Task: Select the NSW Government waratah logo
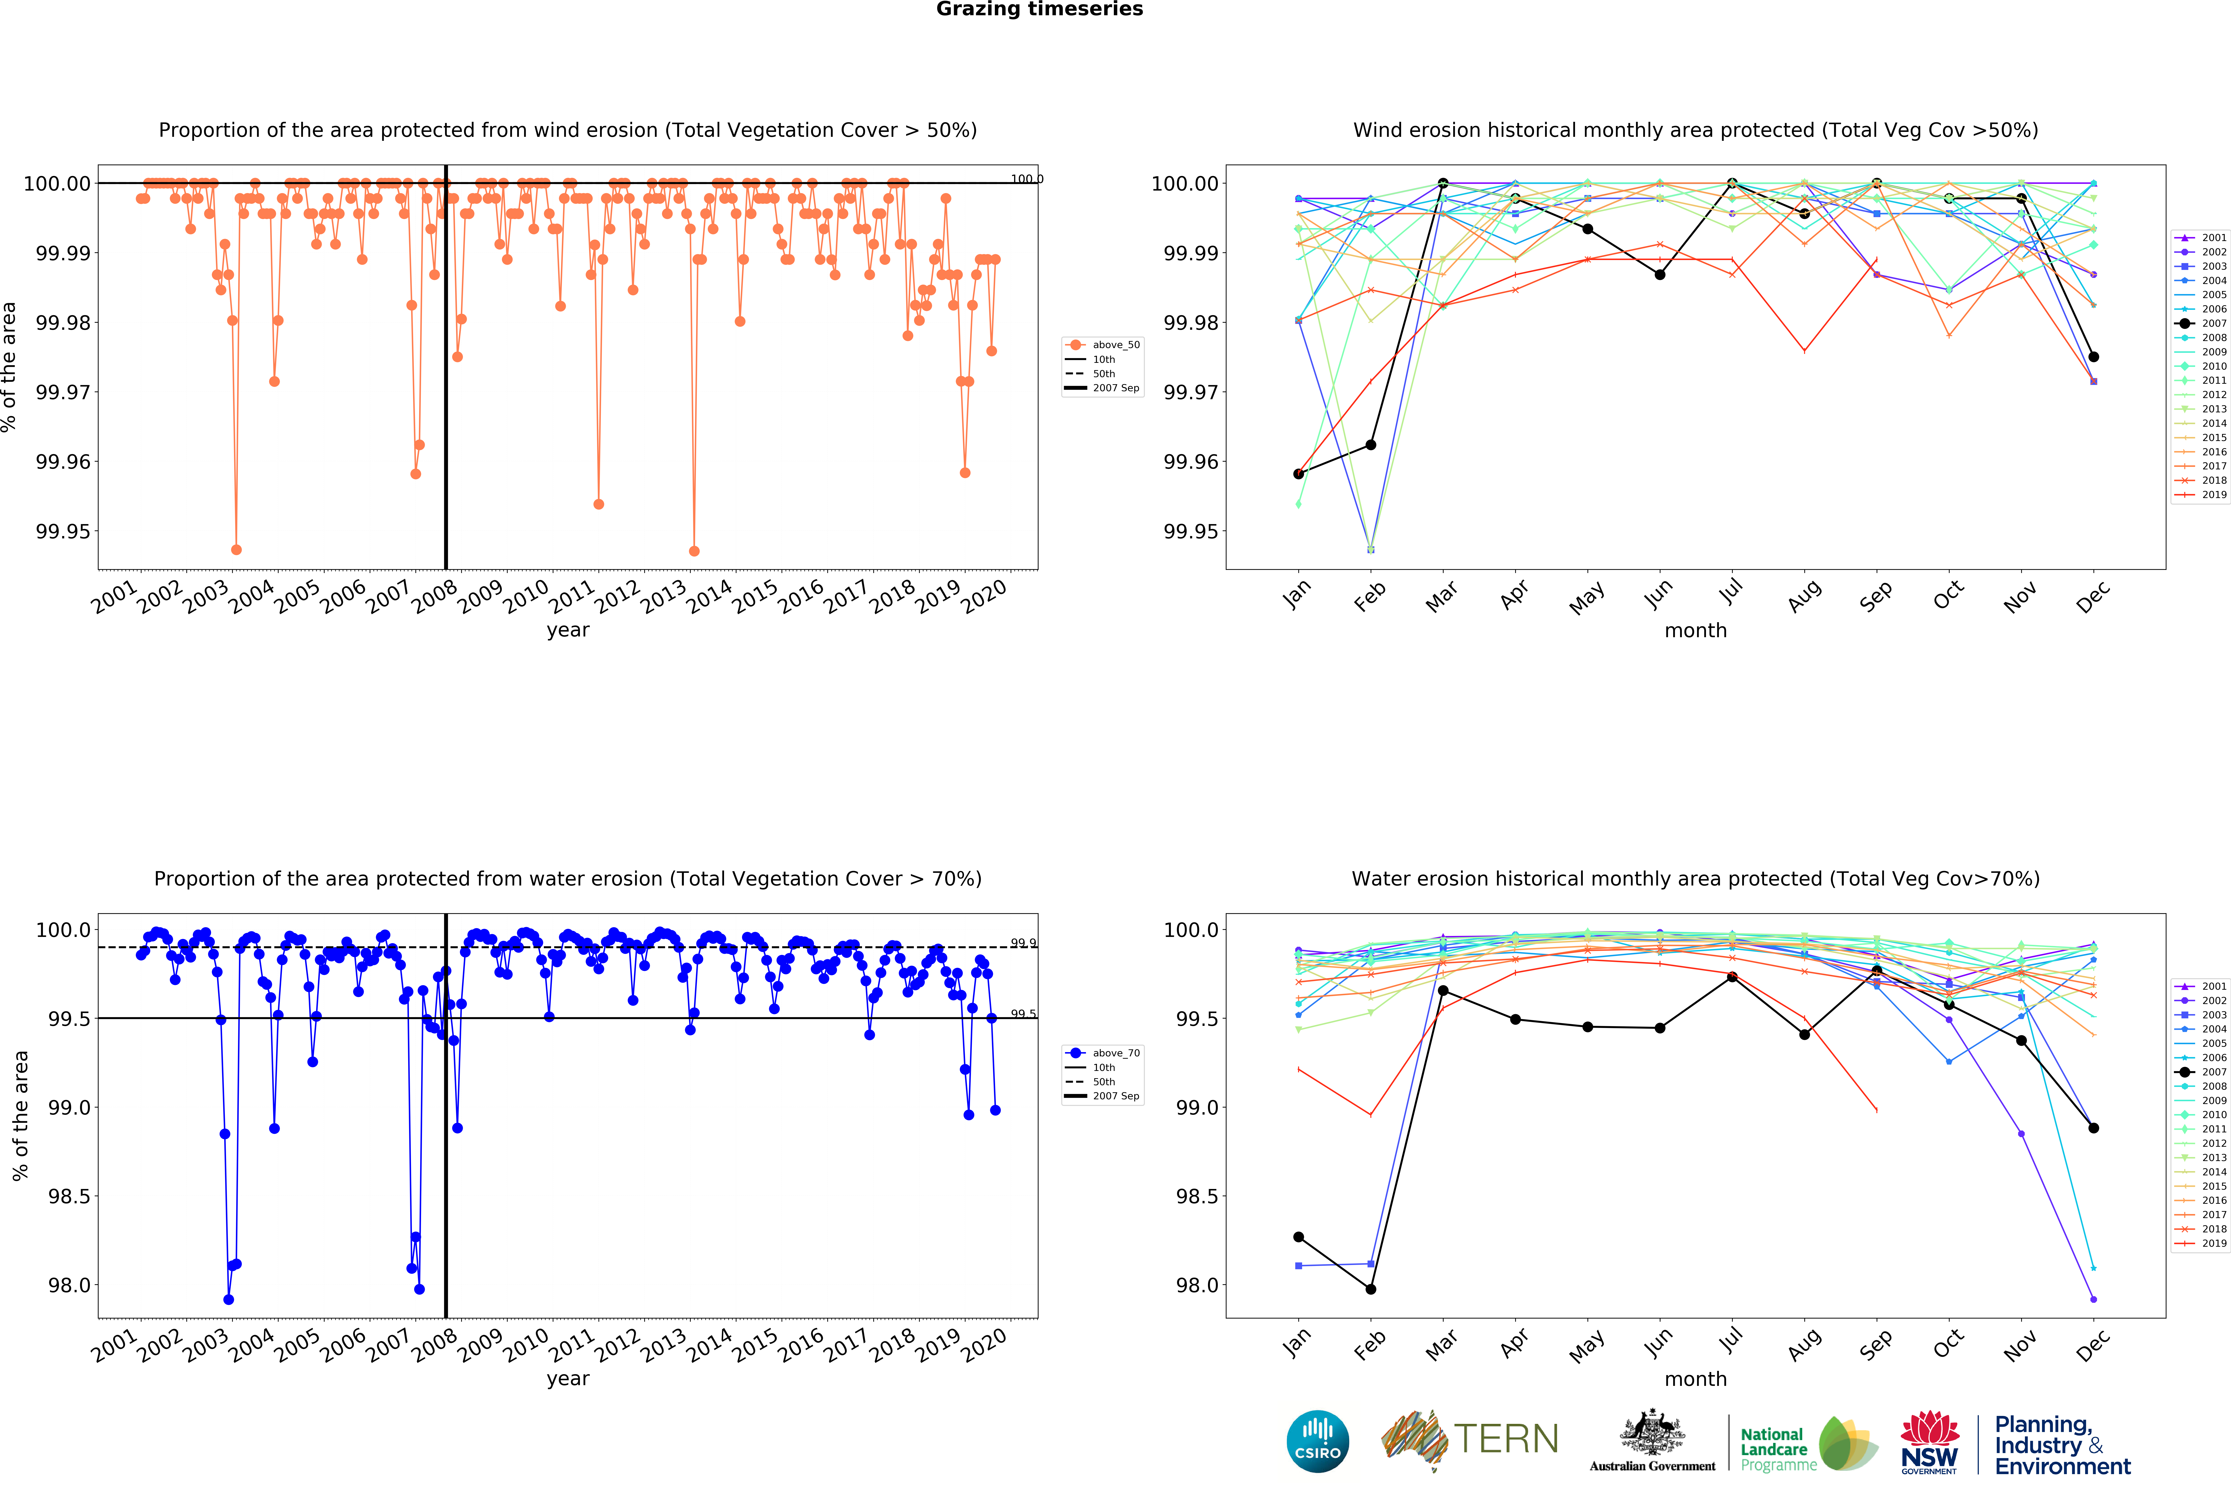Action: pos(1929,1441)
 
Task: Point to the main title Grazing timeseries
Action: pos(1039,10)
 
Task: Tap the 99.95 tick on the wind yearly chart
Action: pos(63,532)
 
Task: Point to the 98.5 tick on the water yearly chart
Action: pos(69,1196)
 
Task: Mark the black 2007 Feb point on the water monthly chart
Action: pos(1371,1289)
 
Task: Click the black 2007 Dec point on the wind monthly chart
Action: pos(2093,357)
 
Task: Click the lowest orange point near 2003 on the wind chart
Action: pos(236,550)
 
